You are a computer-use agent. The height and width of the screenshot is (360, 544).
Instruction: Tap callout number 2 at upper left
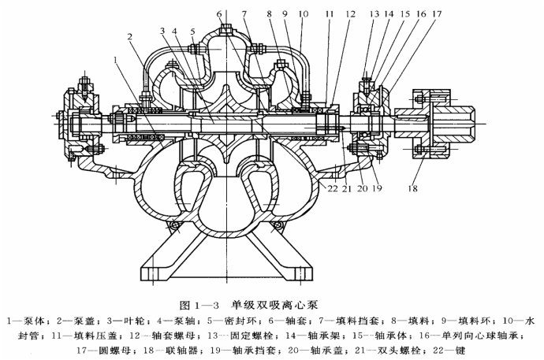pyautogui.click(x=130, y=36)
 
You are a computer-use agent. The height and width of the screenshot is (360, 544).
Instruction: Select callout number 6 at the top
pyautogui.click(x=219, y=14)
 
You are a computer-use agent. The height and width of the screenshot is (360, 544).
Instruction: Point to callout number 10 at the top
pyautogui.click(x=304, y=14)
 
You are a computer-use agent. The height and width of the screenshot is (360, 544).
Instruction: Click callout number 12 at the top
pyautogui.click(x=350, y=14)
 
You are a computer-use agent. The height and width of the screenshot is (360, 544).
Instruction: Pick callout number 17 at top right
pyautogui.click(x=437, y=14)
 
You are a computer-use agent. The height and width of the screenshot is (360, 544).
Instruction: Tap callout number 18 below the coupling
pyautogui.click(x=412, y=188)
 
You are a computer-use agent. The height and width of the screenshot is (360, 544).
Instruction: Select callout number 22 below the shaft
pyautogui.click(x=333, y=188)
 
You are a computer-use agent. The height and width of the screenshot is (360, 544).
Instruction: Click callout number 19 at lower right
pyautogui.click(x=377, y=188)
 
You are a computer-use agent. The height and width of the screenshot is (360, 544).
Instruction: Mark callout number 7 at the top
pyautogui.click(x=244, y=14)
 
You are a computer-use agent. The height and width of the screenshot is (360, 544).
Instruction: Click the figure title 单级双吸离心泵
pyautogui.click(x=274, y=305)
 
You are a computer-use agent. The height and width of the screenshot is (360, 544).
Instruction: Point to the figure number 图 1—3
pyautogui.click(x=199, y=306)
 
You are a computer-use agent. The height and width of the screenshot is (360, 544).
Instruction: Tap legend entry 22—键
pyautogui.click(x=449, y=351)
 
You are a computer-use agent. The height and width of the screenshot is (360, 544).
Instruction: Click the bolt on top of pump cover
pyautogui.click(x=225, y=29)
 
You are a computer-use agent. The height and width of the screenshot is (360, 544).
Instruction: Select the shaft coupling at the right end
pyautogui.click(x=434, y=124)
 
